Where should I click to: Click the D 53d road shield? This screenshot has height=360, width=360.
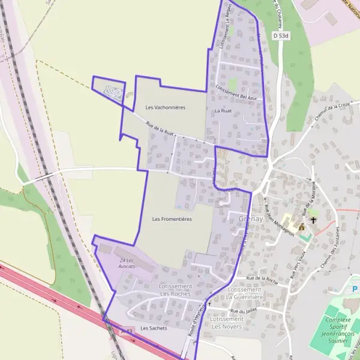pos(281,36)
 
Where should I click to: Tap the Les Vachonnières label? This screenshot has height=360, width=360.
pos(166,107)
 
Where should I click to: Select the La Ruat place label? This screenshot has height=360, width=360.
pos(223,111)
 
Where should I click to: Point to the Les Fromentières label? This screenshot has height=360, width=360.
pos(172,219)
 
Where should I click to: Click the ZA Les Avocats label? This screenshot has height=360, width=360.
pos(127,263)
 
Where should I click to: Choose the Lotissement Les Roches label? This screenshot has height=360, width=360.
pos(175,290)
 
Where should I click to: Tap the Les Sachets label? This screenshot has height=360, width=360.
pos(154,328)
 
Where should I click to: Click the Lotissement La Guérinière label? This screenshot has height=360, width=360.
pos(244,293)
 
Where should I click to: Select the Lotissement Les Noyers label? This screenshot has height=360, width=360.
pos(227,323)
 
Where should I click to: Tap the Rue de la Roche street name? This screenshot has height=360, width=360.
pos(261,279)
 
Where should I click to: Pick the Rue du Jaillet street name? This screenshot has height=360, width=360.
pos(243,311)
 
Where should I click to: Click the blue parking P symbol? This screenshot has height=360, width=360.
pos(355,290)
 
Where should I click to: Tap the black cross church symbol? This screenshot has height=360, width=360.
pos(313,220)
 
